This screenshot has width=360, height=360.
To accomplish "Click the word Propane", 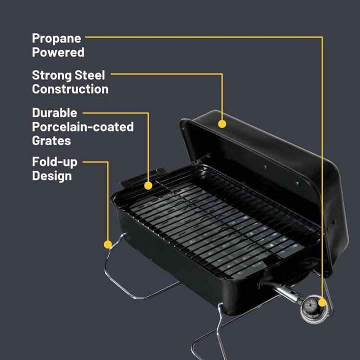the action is (56, 38).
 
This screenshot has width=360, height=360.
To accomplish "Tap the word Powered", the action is (58, 52).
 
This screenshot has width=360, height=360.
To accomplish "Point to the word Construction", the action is (70, 89).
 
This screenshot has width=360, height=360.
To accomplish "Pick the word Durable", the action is (54, 112).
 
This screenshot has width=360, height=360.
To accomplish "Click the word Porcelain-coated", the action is (83, 126).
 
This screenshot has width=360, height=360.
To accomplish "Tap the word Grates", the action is (51, 140).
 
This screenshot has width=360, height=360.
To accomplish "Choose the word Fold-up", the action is (55, 162).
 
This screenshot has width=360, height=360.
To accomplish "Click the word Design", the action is (52, 176).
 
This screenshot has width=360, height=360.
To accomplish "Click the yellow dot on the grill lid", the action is (222, 124).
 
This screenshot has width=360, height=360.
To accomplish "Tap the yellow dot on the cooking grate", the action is (148, 185).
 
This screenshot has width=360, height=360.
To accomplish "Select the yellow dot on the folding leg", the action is (107, 244).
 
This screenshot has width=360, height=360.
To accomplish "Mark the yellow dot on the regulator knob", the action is (322, 302).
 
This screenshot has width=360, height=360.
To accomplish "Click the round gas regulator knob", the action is (314, 309).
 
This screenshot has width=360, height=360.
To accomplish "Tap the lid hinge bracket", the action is (202, 159).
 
